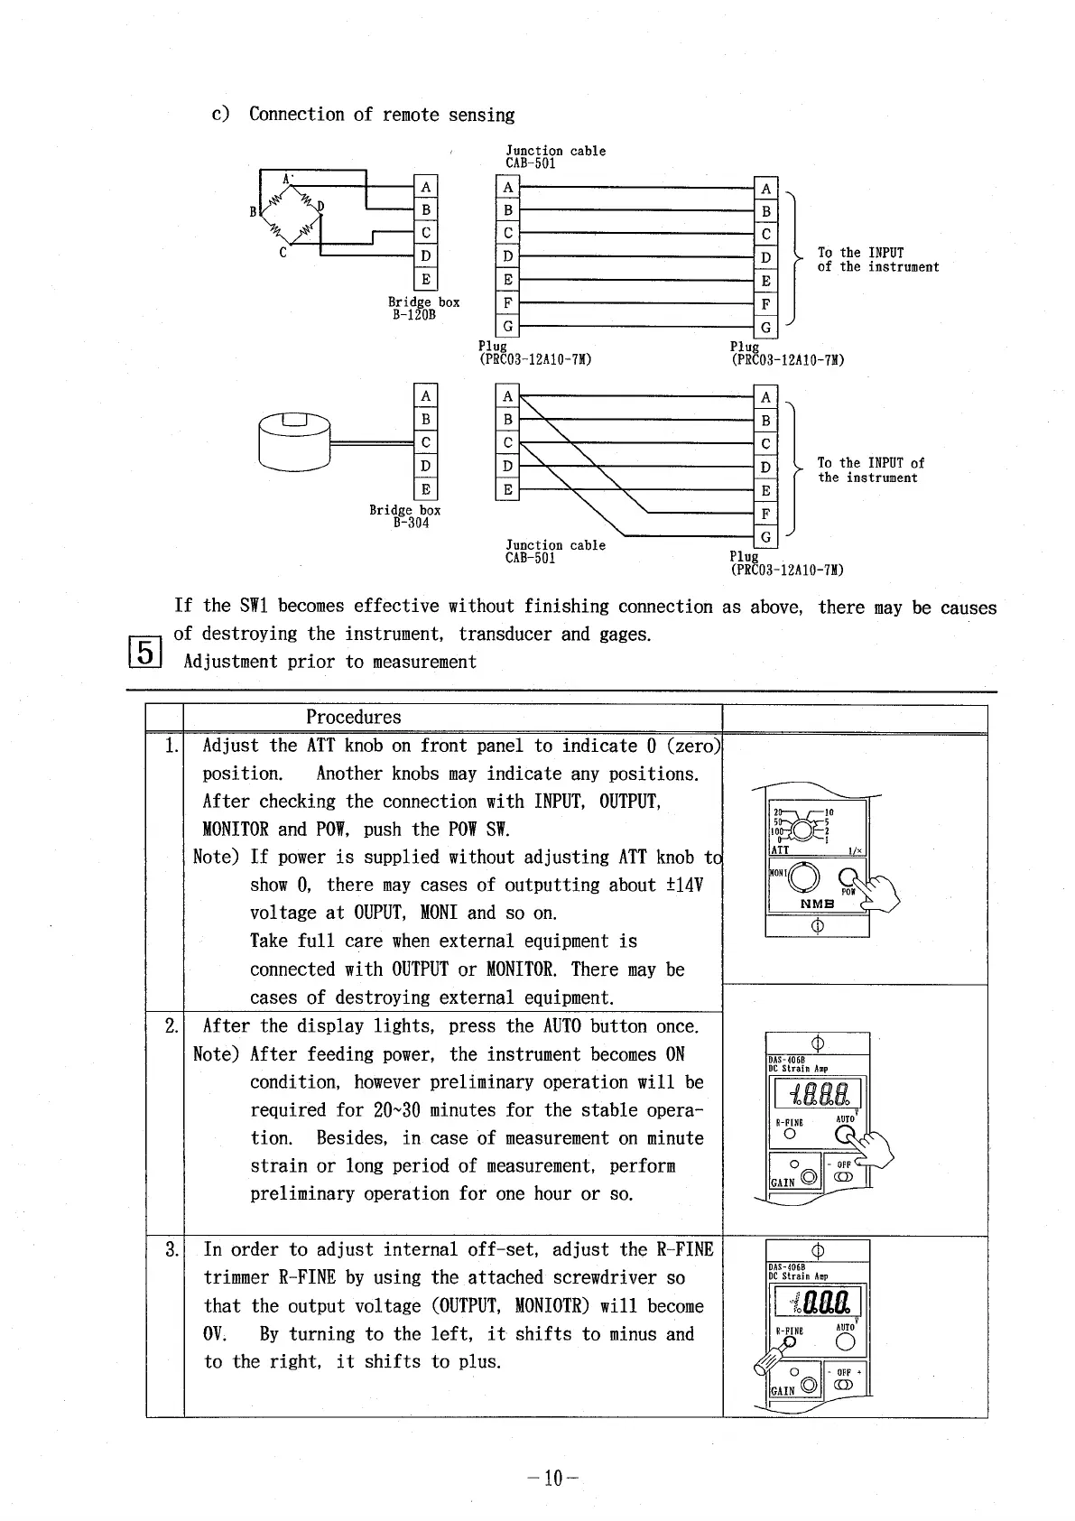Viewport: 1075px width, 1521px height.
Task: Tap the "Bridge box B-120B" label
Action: coord(423,308)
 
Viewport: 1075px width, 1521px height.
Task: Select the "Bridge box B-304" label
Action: coord(405,516)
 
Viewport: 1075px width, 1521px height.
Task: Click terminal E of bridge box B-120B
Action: coord(426,279)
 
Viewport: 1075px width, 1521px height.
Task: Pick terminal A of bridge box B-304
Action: coord(426,396)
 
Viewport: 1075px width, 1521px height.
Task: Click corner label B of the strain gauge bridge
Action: coord(253,212)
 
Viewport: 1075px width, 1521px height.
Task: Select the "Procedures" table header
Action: coord(353,718)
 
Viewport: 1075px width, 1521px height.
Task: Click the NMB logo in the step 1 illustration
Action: coord(817,904)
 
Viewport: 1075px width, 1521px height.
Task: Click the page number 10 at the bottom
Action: coord(552,1478)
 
